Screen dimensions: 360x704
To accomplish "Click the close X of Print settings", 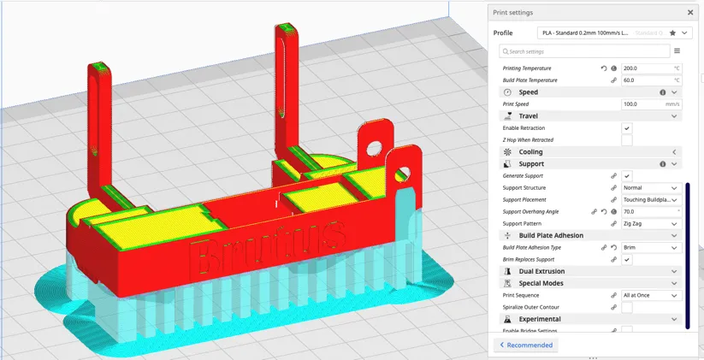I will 690,13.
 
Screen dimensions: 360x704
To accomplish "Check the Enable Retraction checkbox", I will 627,128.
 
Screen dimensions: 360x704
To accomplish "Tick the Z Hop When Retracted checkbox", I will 627,139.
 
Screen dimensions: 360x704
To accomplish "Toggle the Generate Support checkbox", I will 627,176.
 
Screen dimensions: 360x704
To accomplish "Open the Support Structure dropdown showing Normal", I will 651,188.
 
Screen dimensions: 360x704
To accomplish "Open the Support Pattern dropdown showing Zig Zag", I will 651,224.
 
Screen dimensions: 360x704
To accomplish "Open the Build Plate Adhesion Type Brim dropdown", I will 651,248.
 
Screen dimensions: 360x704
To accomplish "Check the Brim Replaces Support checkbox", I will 627,259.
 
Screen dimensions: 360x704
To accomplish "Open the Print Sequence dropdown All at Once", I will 651,296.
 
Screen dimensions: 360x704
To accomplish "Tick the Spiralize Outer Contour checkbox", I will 627,307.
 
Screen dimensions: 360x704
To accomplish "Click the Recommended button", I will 525,345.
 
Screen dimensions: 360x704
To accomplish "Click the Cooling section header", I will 530,152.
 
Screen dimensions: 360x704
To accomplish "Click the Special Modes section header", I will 541,283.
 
